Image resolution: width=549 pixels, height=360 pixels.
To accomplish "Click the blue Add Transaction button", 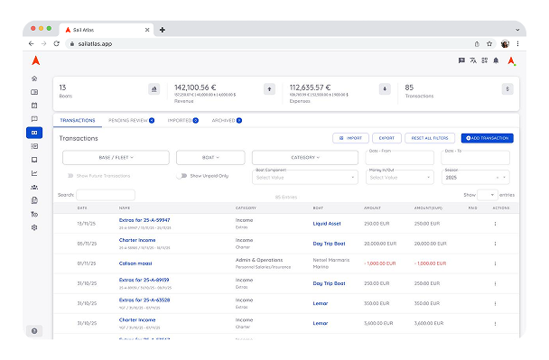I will (x=487, y=138).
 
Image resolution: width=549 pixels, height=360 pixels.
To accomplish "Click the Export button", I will (x=386, y=138).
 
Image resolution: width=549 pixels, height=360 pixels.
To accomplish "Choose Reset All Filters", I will (x=430, y=138).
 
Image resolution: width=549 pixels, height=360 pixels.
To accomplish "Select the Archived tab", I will (x=226, y=120).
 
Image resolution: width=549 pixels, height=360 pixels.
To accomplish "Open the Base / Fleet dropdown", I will (x=115, y=157).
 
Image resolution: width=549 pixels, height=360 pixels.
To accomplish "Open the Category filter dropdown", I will (x=306, y=157).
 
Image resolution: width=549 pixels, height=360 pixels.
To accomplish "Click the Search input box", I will (x=106, y=194).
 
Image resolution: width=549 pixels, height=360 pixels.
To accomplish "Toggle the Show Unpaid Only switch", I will (x=181, y=176).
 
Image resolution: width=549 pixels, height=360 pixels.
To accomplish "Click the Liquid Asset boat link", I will (x=327, y=221).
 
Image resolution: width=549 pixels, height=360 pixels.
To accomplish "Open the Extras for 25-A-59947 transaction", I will (x=144, y=219).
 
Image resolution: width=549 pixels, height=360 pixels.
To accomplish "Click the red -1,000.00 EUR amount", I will (x=378, y=262).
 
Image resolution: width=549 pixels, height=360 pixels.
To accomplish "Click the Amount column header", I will (x=372, y=208).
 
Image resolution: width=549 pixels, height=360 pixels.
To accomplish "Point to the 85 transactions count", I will (x=409, y=87).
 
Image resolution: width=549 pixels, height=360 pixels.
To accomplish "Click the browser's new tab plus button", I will (x=162, y=30).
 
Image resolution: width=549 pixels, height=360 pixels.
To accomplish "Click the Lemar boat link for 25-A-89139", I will (x=321, y=282).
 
